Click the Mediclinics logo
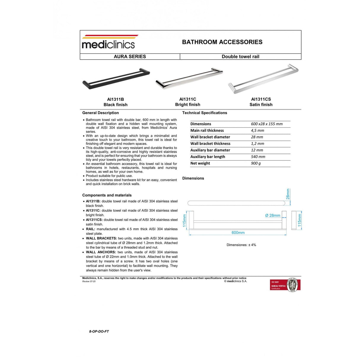109,42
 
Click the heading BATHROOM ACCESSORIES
222,42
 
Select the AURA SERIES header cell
130,57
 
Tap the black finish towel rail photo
116,79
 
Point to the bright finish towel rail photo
189,79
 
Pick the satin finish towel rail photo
263,79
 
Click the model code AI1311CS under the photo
261,99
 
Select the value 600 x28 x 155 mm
267,124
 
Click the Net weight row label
200,163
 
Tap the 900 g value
256,163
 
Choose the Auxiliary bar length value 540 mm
258,157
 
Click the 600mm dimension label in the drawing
238,233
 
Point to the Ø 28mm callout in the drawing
273,216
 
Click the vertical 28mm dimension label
288,194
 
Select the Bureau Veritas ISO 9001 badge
285,285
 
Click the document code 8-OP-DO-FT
99,332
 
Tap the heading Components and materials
107,195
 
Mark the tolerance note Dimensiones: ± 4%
241,245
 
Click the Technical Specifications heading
205,113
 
